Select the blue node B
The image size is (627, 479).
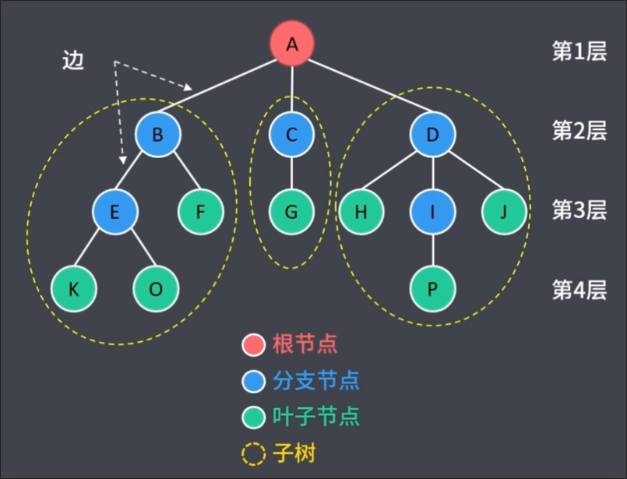pos(157,135)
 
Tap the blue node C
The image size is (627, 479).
pos(292,135)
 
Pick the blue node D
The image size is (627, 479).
pos(433,135)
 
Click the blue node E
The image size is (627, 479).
pos(114,211)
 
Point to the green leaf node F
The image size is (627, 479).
pos(201,211)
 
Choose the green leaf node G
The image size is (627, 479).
pos(292,211)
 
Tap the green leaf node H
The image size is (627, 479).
pos(361,211)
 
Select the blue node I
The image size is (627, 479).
pos(433,211)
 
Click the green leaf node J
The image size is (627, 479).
pos(505,211)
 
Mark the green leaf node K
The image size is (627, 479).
pos(74,289)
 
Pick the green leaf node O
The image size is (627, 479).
pos(156,289)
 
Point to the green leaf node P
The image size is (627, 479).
pos(433,289)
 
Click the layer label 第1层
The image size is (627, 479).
pos(579,51)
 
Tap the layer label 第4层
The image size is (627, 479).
pos(579,290)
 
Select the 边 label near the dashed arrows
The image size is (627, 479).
pos(72,62)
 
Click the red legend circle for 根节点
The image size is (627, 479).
pos(254,343)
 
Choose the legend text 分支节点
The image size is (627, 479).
pos(316,380)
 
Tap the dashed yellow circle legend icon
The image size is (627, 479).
pos(254,453)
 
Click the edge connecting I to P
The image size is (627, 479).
pos(433,250)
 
